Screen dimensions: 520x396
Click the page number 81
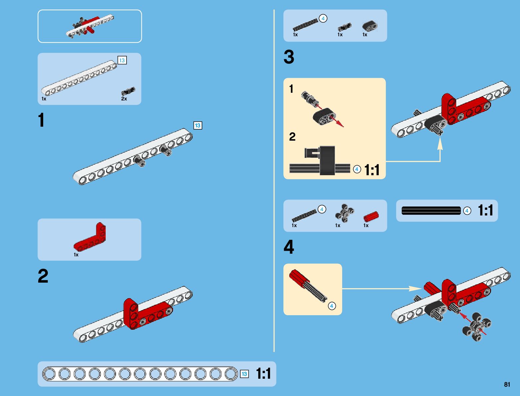pos(507,384)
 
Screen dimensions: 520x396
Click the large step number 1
pos(41,120)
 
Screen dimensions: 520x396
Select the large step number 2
pos(43,276)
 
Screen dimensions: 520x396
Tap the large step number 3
pos(289,57)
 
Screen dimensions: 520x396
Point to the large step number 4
pos(289,247)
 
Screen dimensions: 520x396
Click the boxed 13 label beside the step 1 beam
pos(198,125)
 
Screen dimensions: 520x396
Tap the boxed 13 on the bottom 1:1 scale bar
pos(244,374)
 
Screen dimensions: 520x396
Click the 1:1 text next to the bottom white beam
pos(263,374)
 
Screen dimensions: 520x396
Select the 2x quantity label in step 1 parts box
pos(124,99)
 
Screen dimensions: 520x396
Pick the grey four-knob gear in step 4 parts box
pos(344,214)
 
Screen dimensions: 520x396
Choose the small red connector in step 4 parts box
pos(371,216)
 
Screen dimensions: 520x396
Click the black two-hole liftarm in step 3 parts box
pos(369,26)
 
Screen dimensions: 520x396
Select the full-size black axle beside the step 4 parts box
pos(431,210)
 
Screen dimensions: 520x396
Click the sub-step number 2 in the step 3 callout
pos(292,137)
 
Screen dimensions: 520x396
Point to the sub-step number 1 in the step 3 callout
pos(291,89)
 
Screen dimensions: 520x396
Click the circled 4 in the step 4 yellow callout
pos(332,306)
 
